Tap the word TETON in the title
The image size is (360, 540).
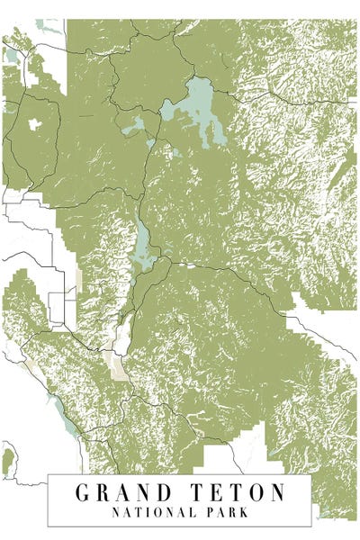[x=238, y=493]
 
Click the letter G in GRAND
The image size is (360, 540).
[x=83, y=493]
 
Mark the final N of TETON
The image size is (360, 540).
[x=279, y=493]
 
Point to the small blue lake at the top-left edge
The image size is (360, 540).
[x=11, y=56]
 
